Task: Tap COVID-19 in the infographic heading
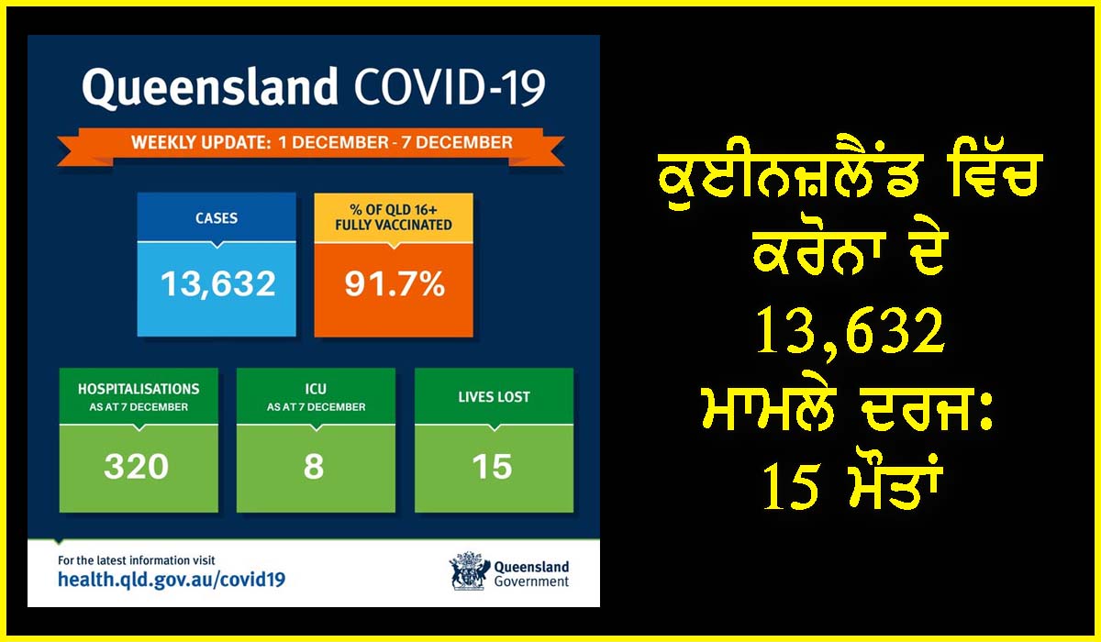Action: click(x=450, y=87)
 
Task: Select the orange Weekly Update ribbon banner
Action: click(x=311, y=147)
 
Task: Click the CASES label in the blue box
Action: click(x=217, y=218)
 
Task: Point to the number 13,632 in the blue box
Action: click(x=217, y=284)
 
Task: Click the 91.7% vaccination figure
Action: click(x=395, y=284)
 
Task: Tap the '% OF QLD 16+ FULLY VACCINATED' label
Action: click(x=394, y=217)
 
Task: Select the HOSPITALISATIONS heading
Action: click(x=139, y=389)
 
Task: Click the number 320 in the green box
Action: click(x=136, y=466)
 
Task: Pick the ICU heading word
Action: click(x=316, y=389)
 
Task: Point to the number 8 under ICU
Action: click(x=314, y=466)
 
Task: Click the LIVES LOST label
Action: click(x=494, y=397)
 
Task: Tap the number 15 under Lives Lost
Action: click(x=492, y=466)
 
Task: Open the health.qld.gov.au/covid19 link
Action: click(x=172, y=580)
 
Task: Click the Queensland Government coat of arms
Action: click(x=469, y=570)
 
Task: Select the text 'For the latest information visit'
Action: click(x=137, y=560)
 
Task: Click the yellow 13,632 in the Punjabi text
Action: click(x=850, y=332)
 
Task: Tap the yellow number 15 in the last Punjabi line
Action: click(x=791, y=487)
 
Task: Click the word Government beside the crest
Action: click(x=531, y=582)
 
